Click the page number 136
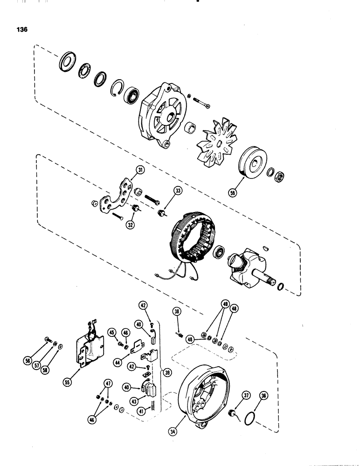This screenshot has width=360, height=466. tap(21, 29)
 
